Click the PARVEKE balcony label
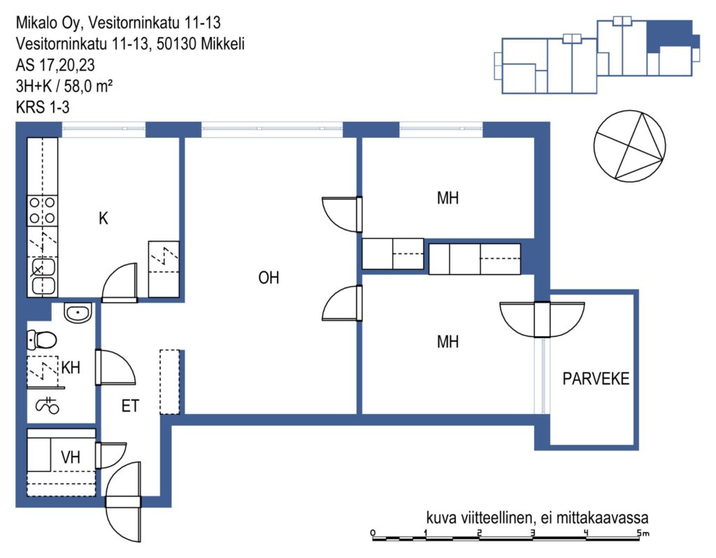tap(596, 378)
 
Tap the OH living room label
tap(268, 278)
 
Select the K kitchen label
tap(103, 218)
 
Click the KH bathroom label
tap(71, 367)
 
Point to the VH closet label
tap(71, 457)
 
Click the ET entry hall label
tap(130, 406)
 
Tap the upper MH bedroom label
tap(447, 198)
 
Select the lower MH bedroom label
tap(447, 341)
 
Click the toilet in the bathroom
tap(42, 339)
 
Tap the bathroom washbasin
tap(78, 313)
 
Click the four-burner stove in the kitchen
tap(43, 210)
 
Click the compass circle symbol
tap(629, 145)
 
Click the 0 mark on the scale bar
tap(373, 533)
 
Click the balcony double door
tap(542, 320)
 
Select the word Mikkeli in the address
tap(223, 44)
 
